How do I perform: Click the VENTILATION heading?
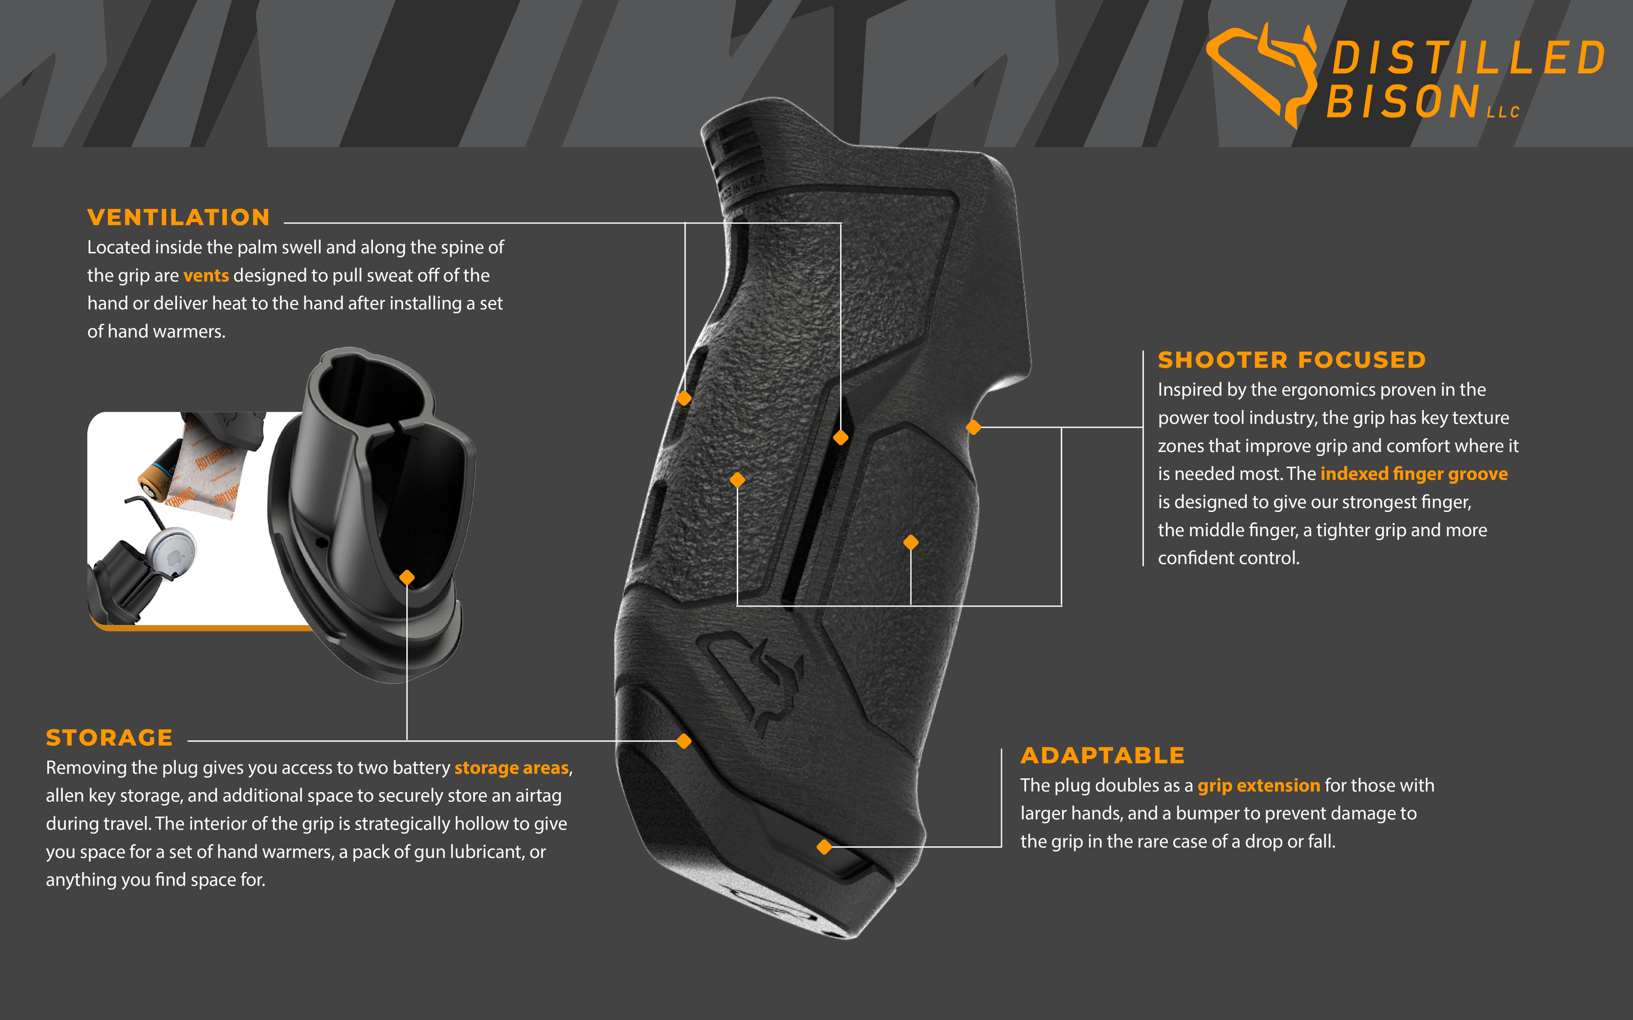point(178,217)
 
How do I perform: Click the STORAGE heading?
point(109,737)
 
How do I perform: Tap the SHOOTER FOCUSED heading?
point(1291,360)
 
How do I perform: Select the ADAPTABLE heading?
point(1102,755)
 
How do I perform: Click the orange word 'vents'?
point(206,276)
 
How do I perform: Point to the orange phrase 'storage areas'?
point(511,768)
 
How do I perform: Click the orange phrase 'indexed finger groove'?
point(1414,473)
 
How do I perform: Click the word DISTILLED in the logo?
point(1468,58)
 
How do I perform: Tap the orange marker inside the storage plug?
point(407,577)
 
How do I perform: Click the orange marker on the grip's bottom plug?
point(824,847)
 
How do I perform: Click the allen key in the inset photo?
point(145,509)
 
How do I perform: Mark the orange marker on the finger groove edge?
point(973,427)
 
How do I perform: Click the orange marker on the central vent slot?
point(840,438)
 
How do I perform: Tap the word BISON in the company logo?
point(1404,101)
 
